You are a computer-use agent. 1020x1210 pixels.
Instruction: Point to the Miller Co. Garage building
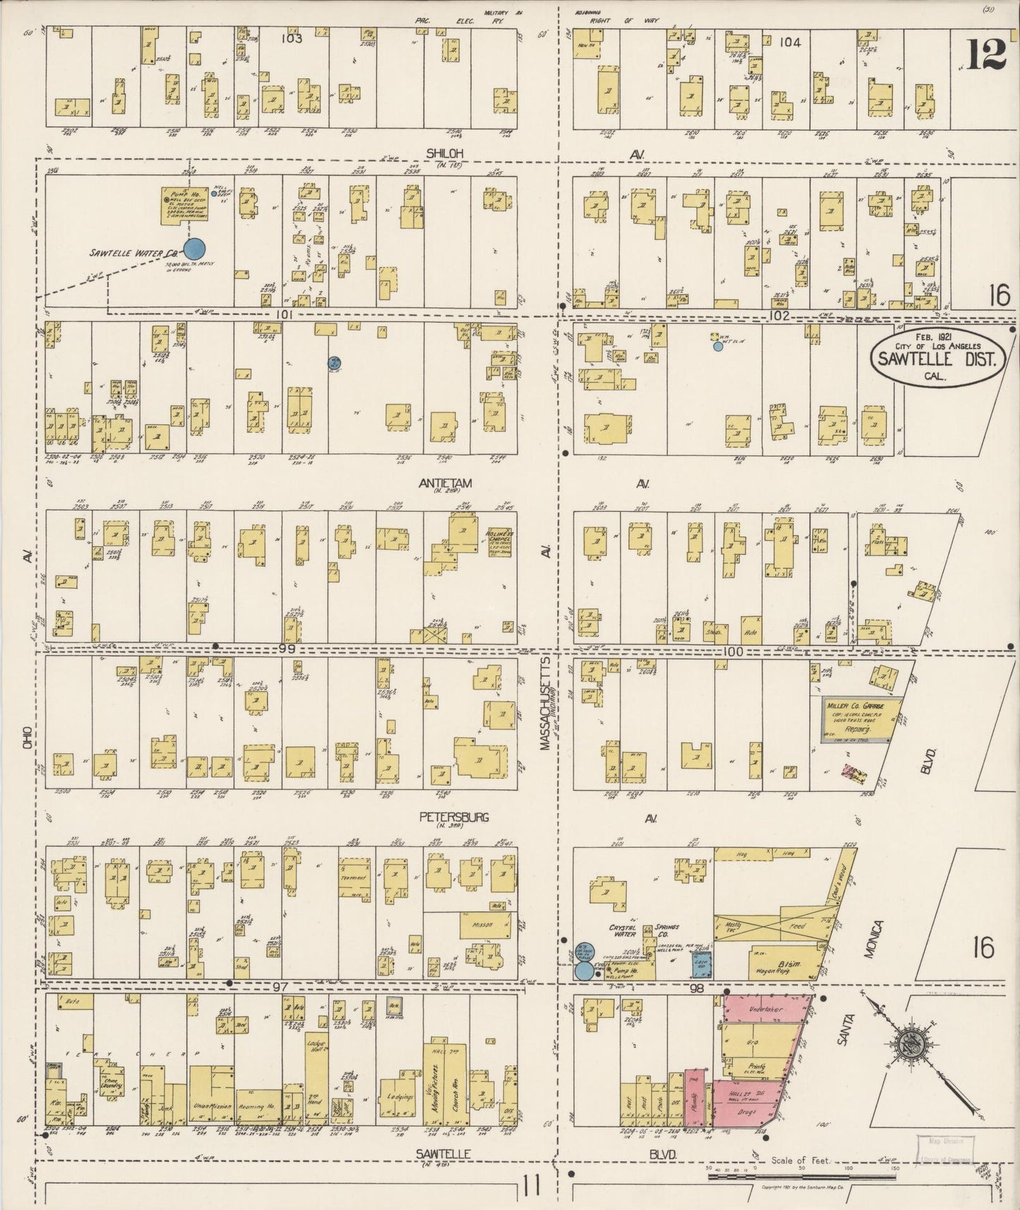(x=862, y=719)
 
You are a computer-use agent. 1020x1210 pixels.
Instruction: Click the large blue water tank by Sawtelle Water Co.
(x=194, y=248)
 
